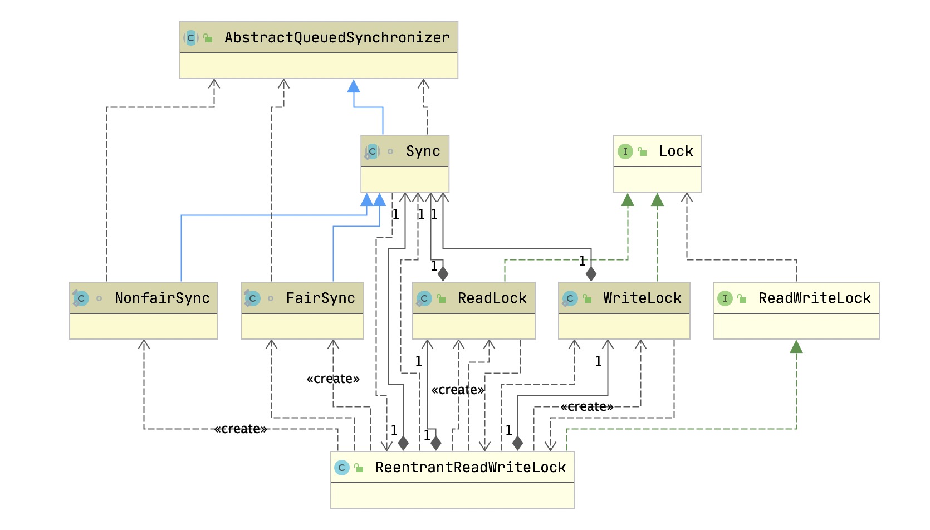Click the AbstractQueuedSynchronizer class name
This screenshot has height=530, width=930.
(337, 37)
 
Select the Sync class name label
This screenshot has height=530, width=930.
(423, 151)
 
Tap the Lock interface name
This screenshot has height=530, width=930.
(676, 151)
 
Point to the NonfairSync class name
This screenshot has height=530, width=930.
(162, 298)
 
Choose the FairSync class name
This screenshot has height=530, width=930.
(320, 298)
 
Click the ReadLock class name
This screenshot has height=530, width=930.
(492, 298)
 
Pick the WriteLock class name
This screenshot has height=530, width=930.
(642, 298)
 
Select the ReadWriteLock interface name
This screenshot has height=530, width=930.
(814, 298)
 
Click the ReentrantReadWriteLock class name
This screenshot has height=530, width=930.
(471, 467)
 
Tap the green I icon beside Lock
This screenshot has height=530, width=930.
(625, 151)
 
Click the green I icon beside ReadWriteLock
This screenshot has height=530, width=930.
(725, 298)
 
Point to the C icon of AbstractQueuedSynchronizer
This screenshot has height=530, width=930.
(191, 38)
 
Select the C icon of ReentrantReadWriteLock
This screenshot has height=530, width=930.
(342, 468)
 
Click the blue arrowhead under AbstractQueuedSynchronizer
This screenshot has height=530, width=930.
(354, 86)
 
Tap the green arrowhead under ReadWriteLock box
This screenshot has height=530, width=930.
(796, 347)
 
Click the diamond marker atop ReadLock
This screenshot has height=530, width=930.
(443, 274)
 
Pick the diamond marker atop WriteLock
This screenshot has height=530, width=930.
(591, 274)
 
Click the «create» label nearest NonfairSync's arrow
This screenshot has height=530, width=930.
(241, 429)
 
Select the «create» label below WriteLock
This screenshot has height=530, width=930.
(586, 406)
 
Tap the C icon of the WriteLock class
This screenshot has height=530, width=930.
(570, 298)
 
